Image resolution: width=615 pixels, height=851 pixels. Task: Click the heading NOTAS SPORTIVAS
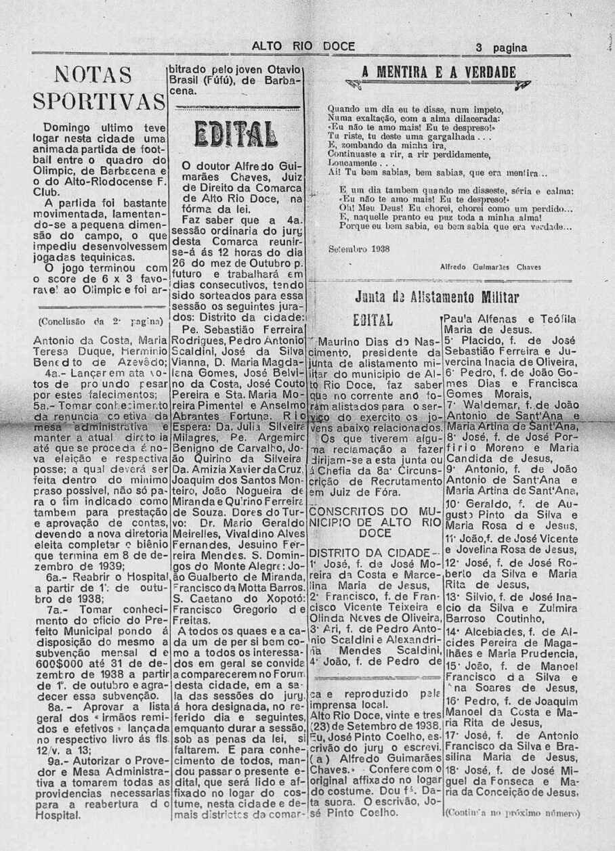99,87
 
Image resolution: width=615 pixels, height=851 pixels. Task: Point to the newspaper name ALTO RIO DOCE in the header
299,47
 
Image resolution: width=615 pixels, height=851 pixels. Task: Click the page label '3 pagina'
501,47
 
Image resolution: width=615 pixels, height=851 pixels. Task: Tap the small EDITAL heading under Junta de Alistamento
373,319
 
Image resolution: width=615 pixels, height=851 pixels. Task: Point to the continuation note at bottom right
512,813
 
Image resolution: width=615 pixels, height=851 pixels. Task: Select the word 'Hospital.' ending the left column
57,815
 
